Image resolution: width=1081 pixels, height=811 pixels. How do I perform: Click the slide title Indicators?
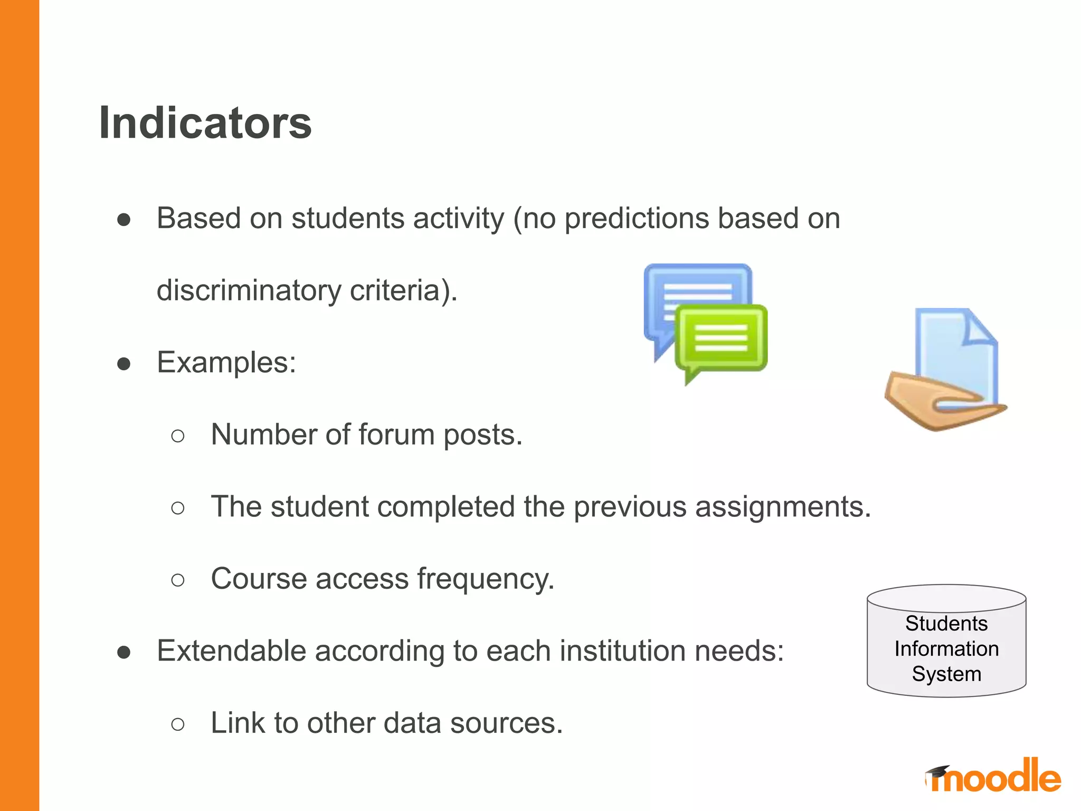(205, 123)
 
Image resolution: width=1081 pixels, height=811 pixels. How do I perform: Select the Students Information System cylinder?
(946, 641)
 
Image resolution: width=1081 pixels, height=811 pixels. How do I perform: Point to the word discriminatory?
(249, 290)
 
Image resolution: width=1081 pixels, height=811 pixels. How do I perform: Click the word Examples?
(226, 363)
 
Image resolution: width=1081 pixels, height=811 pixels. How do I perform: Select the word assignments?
(783, 507)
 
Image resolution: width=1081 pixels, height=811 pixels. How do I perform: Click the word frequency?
(486, 579)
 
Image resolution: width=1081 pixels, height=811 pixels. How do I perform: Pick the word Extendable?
(231, 650)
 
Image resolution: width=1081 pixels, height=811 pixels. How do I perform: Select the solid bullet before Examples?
(124, 364)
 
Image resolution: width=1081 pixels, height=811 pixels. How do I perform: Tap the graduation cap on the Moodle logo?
(938, 771)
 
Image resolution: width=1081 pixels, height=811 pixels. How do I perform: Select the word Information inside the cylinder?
(946, 649)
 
